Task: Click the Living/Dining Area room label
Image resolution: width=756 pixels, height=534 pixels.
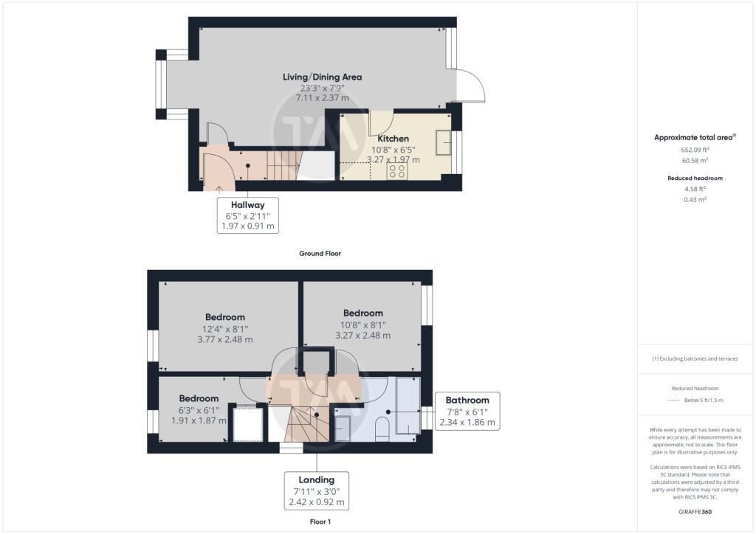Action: [x=322, y=77]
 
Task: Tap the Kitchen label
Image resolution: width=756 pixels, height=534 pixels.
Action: [x=393, y=139]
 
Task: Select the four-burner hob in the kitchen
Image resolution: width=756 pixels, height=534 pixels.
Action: [x=396, y=171]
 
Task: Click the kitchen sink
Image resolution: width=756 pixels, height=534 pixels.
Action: [x=443, y=142]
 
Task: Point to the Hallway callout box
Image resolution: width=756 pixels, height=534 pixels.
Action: [x=248, y=215]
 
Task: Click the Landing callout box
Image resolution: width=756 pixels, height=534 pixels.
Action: [x=316, y=490]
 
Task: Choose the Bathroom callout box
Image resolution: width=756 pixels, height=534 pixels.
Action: [x=467, y=412]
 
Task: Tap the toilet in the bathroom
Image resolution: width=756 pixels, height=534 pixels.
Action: [x=382, y=429]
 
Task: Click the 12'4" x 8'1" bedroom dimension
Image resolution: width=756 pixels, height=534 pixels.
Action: [x=225, y=330]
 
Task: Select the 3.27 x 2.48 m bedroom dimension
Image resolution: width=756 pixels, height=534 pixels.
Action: [x=363, y=336]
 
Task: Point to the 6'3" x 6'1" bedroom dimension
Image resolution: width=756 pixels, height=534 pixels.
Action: [x=199, y=410]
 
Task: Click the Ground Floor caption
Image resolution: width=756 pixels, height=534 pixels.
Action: [x=320, y=253]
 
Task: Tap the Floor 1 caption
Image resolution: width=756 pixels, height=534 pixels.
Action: [x=320, y=521]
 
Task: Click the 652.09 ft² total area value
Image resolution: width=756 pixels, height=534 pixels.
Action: [x=695, y=150]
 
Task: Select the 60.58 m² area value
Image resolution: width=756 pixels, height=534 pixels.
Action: [x=695, y=160]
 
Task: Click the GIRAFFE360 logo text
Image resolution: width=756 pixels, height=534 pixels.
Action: [x=695, y=512]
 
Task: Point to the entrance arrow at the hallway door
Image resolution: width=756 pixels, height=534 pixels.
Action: [x=219, y=189]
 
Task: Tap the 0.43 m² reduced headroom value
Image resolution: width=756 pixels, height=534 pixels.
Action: [x=695, y=199]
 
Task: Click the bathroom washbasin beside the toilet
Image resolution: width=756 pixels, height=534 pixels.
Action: [x=343, y=428]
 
